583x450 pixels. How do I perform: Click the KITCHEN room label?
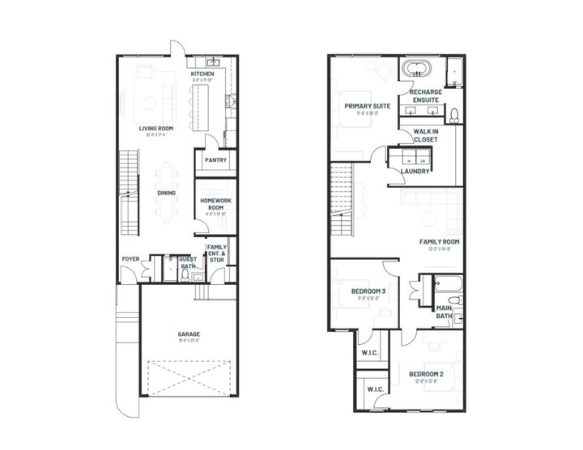tap(202, 74)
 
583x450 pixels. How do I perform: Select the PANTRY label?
tap(215, 160)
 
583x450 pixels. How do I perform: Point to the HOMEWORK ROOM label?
tap(215, 203)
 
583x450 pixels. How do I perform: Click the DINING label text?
tap(167, 193)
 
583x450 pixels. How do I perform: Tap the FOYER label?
tap(130, 259)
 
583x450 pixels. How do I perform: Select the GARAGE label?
tap(189, 333)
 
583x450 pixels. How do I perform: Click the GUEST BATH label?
tap(188, 262)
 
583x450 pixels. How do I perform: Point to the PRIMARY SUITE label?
tap(367, 106)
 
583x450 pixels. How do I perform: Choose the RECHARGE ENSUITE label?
tap(426, 96)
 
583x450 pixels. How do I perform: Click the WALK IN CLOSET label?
tap(425, 134)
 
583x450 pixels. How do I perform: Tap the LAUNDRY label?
tap(415, 171)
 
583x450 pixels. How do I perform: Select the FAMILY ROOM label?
tap(439, 242)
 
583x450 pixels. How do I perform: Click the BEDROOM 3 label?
tap(368, 291)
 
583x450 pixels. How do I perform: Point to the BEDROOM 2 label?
tap(425, 374)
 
